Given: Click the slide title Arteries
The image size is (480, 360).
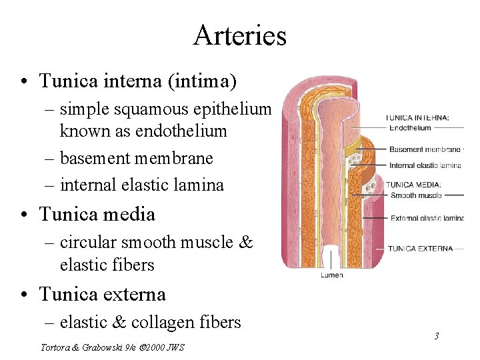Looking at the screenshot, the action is point(239,35).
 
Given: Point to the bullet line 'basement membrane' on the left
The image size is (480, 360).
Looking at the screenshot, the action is point(136,159).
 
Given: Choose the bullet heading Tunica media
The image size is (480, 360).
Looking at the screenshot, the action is point(97,214).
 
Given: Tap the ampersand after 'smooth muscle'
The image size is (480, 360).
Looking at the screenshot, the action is point(245,242).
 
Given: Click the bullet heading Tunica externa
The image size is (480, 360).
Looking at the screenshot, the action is point(102,294).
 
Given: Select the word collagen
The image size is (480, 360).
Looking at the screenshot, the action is point(160,322).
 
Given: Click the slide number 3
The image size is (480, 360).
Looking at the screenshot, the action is point(436,336).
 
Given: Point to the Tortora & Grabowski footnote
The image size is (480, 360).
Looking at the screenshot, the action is point(112,347).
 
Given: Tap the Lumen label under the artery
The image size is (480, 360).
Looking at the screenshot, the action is point(331,275).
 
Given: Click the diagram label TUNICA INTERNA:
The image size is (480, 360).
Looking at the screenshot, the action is point(417,118).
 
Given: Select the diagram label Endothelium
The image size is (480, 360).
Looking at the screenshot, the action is point(410,127).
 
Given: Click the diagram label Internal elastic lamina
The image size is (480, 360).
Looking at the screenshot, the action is point(425,165).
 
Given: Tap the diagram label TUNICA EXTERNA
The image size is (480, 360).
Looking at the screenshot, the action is point(420,249).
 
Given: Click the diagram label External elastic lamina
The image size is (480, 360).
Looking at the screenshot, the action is point(427,218).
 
